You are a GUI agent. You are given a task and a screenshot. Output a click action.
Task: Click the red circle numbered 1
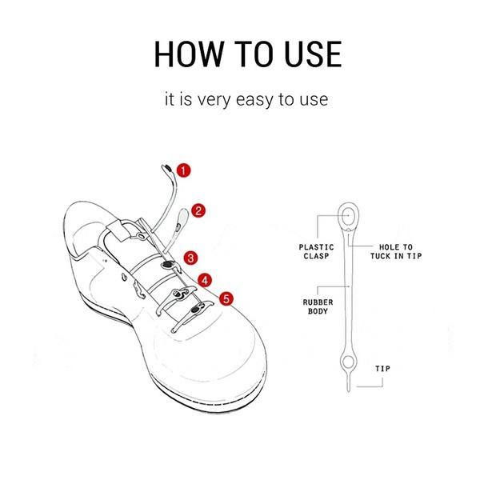[185, 170]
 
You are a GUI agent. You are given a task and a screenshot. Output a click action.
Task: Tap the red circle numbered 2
[199, 210]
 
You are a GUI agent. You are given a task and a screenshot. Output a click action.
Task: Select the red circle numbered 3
[191, 258]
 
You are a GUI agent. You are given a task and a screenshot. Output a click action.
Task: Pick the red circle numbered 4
[206, 280]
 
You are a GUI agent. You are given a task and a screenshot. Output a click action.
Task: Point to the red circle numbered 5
[227, 298]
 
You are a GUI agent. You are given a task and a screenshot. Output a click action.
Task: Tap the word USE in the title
[310, 54]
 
